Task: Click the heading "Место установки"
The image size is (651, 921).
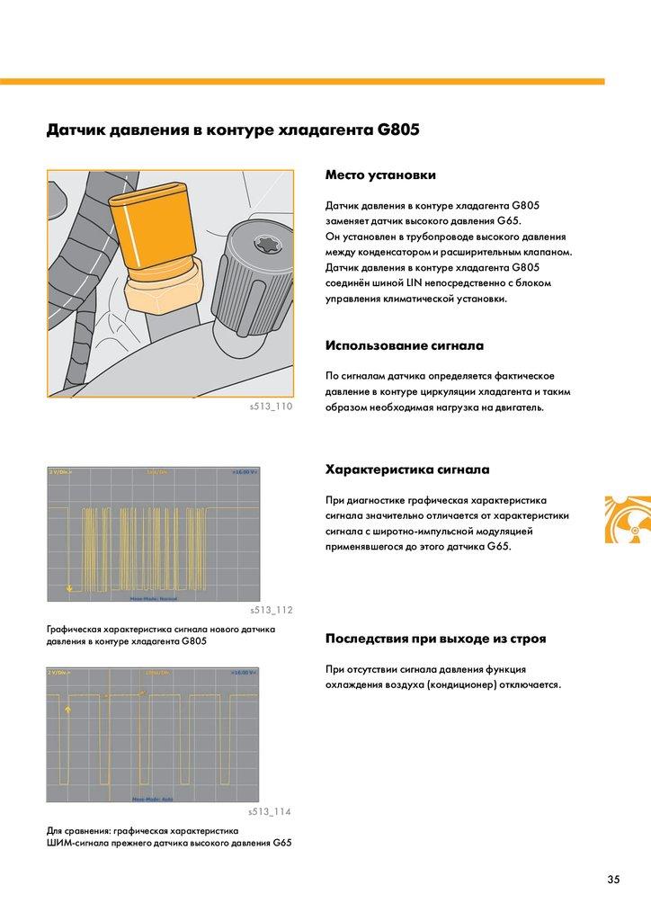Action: pos(380,174)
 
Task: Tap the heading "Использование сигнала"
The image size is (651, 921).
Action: pos(404,344)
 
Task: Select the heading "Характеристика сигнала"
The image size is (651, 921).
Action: pos(406,469)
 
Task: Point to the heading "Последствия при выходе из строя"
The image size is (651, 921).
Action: pos(435,639)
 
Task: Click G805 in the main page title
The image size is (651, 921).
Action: pos(398,130)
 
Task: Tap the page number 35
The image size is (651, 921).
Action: pos(613,879)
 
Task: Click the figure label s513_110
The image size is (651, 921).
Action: pos(272,407)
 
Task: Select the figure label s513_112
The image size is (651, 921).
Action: pos(272,611)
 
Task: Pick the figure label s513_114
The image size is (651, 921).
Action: pos(272,812)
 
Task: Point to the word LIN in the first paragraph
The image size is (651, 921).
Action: pos(413,283)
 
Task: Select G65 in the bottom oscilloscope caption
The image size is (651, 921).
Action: pos(282,843)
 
